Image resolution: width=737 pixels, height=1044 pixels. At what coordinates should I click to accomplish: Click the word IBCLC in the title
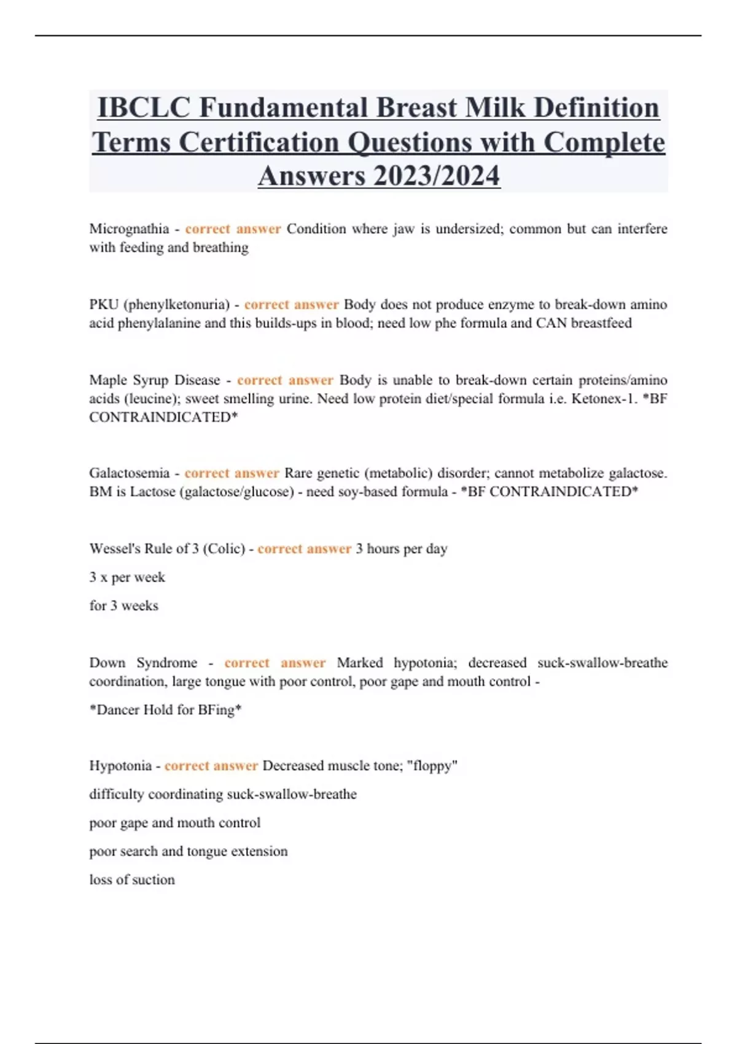click(x=144, y=108)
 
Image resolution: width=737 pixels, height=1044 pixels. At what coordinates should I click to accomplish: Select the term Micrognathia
click(x=129, y=229)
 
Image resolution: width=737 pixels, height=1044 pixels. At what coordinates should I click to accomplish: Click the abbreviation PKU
click(x=104, y=305)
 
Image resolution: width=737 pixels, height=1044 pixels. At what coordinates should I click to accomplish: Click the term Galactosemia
click(x=129, y=473)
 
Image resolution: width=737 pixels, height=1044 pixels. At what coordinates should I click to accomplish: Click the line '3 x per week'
click(x=127, y=577)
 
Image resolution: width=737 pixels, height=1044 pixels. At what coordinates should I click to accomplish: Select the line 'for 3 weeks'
click(x=123, y=606)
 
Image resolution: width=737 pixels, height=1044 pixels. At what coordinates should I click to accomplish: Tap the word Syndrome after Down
click(x=166, y=663)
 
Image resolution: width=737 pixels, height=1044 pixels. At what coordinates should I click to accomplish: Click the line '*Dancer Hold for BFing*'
click(x=165, y=710)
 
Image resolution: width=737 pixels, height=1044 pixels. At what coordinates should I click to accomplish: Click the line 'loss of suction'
click(x=132, y=880)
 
